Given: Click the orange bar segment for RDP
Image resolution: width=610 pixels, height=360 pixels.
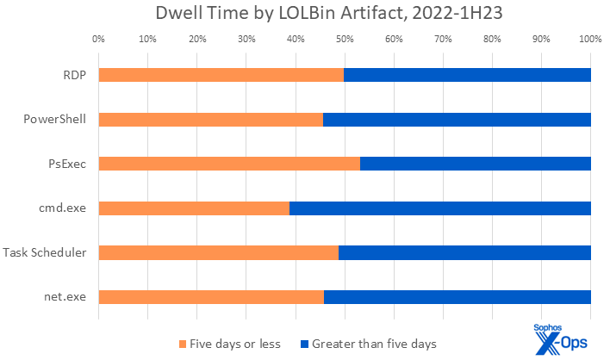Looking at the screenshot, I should (x=221, y=74).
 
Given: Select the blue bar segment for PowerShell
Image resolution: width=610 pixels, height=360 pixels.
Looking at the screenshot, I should (x=457, y=119).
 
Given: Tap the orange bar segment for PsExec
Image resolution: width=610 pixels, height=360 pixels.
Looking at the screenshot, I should (x=229, y=164).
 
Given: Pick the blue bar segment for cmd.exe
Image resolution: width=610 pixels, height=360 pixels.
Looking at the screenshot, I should (x=439, y=208).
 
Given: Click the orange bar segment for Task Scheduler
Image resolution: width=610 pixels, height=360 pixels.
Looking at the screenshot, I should (x=218, y=252).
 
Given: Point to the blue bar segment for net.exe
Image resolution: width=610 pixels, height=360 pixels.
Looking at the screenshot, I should (x=457, y=297).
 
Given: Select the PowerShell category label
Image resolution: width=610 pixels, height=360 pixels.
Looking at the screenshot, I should (x=55, y=119).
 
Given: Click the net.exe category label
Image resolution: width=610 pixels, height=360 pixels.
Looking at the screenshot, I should (x=65, y=297).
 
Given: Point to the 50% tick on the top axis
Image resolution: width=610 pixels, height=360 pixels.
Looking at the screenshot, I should (x=345, y=39).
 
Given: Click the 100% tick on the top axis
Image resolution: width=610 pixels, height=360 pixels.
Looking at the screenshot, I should (x=590, y=39).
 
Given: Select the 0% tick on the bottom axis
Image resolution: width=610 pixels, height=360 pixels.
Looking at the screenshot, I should (x=98, y=327).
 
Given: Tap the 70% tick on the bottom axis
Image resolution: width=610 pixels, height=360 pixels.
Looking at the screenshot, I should (x=443, y=327).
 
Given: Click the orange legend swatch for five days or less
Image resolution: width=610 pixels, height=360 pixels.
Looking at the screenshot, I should (x=182, y=344).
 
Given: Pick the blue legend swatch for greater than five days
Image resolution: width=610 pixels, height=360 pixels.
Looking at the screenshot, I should (x=302, y=344).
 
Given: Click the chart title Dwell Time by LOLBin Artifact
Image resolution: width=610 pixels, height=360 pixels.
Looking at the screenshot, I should (x=304, y=14).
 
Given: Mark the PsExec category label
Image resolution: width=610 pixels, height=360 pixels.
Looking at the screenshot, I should (x=67, y=164).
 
